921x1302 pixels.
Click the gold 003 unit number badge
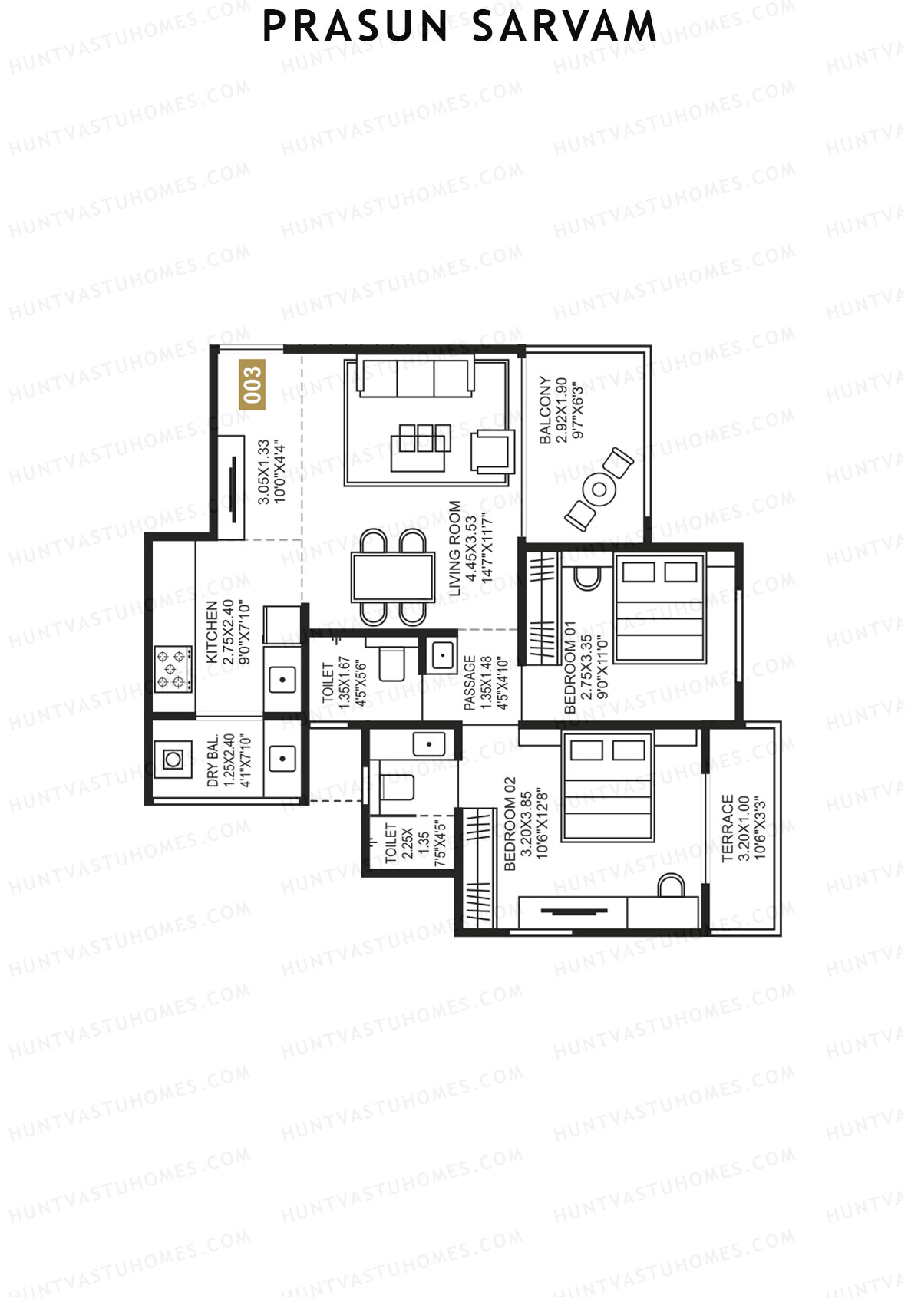(x=252, y=384)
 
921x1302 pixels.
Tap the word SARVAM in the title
(x=564, y=27)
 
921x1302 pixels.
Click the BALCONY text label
(x=545, y=410)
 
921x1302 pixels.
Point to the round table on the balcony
(x=599, y=489)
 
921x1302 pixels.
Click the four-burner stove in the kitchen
(x=172, y=669)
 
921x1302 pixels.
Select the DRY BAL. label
(x=213, y=760)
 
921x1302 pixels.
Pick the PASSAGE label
(x=470, y=683)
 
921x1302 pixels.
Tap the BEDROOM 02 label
(x=510, y=824)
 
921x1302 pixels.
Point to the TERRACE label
(x=727, y=828)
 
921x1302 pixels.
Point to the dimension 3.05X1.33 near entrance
(x=263, y=472)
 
